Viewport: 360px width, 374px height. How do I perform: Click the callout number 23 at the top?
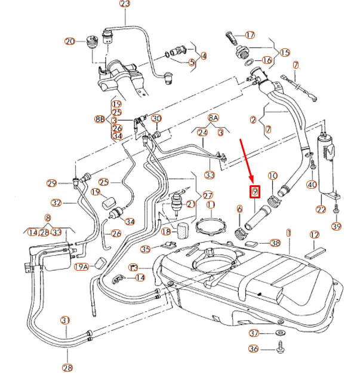pyautogui.click(x=125, y=4)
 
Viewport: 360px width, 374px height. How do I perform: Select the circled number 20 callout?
pyautogui.click(x=70, y=41)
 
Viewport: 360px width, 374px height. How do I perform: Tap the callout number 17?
pyautogui.click(x=250, y=35)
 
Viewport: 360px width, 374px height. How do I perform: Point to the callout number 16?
pyautogui.click(x=266, y=60)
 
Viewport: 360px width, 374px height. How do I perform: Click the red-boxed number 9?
pyautogui.click(x=254, y=192)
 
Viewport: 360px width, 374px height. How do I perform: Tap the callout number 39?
pyautogui.click(x=336, y=226)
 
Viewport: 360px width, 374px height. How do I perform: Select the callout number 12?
pyautogui.click(x=315, y=235)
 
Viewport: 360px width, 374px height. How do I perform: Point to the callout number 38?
pyautogui.click(x=275, y=243)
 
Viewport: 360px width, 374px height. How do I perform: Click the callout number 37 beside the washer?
pyautogui.click(x=254, y=333)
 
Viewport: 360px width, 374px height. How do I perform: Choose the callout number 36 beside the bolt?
pyautogui.click(x=254, y=350)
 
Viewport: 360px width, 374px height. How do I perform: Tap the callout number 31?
pyautogui.click(x=65, y=321)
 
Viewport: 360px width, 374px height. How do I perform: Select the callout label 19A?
pyautogui.click(x=80, y=266)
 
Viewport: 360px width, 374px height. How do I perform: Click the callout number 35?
pyautogui.click(x=146, y=249)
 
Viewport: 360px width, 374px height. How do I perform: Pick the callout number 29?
pyautogui.click(x=52, y=183)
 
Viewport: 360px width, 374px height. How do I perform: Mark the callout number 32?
pyautogui.click(x=57, y=203)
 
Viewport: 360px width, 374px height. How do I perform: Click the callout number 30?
pyautogui.click(x=156, y=119)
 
